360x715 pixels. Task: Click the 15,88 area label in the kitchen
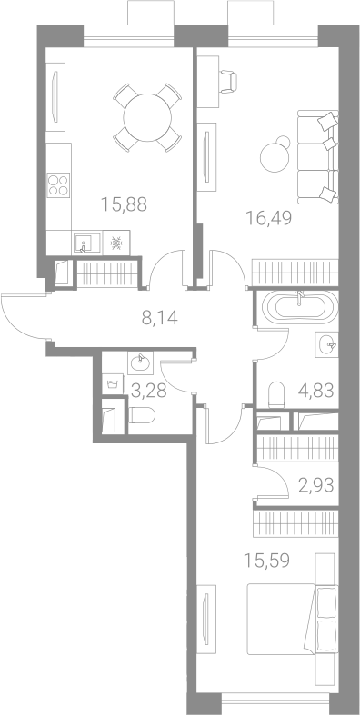tap(125, 204)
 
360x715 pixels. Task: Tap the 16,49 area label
tap(269, 218)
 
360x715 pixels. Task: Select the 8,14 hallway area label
tap(159, 317)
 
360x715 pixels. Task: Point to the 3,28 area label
tap(149, 391)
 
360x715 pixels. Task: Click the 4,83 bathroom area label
tap(316, 391)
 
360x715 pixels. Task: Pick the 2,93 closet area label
tap(316, 485)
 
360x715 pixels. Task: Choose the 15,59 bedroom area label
tap(267, 561)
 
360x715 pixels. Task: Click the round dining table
tap(147, 117)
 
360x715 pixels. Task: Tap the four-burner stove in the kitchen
tap(58, 184)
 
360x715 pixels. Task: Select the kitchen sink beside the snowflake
tap(86, 243)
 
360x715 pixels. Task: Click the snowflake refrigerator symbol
tap(116, 244)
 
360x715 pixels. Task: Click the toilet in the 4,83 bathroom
tap(276, 394)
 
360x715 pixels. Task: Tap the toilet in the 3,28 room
tap(142, 415)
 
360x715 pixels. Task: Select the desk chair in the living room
tap(228, 81)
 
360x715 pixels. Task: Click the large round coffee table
tap(275, 157)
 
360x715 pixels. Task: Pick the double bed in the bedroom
tap(292, 619)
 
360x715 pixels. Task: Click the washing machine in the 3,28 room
tap(113, 383)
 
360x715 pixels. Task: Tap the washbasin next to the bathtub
tap(326, 344)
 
